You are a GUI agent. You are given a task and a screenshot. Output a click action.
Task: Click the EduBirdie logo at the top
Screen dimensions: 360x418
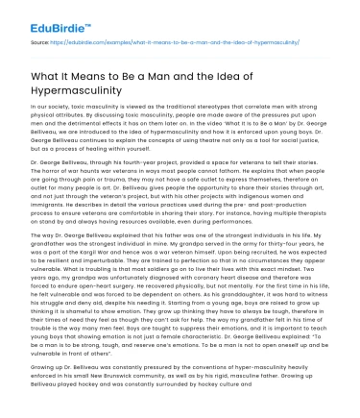(x=49, y=15)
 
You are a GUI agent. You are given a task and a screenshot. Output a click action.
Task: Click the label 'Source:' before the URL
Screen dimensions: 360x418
(x=41, y=43)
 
